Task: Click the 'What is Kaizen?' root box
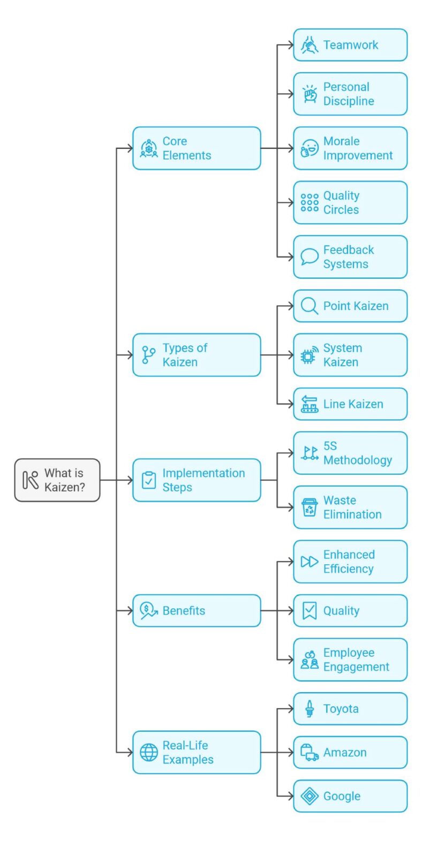[57, 480]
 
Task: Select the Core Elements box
[197, 148]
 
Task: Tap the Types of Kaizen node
[197, 355]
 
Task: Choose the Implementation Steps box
[197, 480]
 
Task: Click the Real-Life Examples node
[197, 752]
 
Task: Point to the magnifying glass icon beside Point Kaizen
[309, 306]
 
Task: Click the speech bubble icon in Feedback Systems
[309, 256]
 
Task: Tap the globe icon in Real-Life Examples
[149, 752]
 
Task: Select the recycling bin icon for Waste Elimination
[309, 507]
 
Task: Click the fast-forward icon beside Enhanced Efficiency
[309, 562]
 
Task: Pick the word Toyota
[341, 709]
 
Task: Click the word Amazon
[345, 752]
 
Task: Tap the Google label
[342, 796]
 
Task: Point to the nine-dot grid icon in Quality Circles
[309, 202]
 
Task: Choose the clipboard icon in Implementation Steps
[149, 480]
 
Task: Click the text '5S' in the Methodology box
[330, 446]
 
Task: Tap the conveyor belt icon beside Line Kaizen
[309, 404]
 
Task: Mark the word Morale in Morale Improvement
[341, 141]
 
